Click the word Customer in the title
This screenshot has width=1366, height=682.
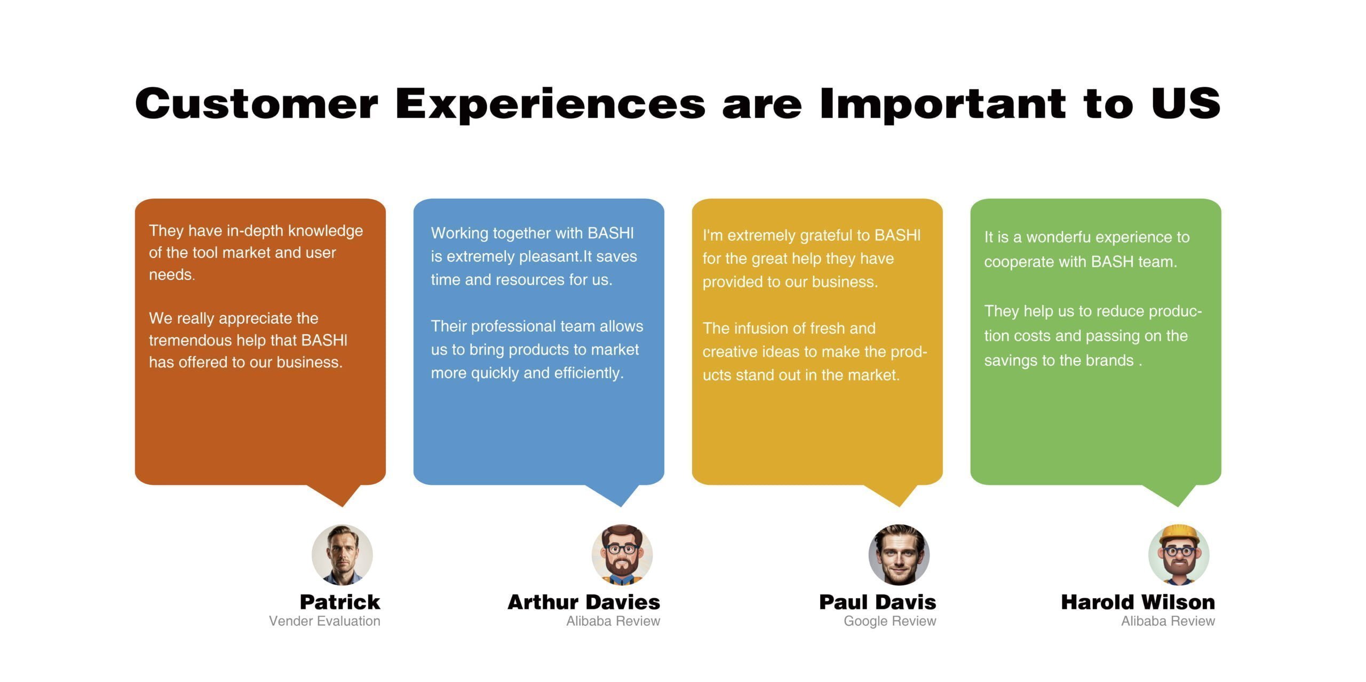pos(257,103)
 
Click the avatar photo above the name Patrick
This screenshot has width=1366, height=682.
pos(342,555)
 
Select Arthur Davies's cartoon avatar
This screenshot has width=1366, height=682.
pos(622,555)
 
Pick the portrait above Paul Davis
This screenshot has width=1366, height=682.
pos(899,555)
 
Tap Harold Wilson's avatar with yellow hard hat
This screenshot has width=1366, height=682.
pos(1179,555)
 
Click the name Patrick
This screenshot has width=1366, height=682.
pos(340,602)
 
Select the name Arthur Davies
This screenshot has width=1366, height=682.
pos(584,602)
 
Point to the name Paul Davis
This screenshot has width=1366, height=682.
pos(878,602)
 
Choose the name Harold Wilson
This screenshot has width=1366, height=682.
pos(1138,602)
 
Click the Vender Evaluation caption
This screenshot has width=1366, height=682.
pos(324,621)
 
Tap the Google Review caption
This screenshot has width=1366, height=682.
pos(890,621)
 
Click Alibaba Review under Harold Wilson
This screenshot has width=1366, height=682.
pos(1168,621)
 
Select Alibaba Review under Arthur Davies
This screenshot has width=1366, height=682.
pos(613,621)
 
